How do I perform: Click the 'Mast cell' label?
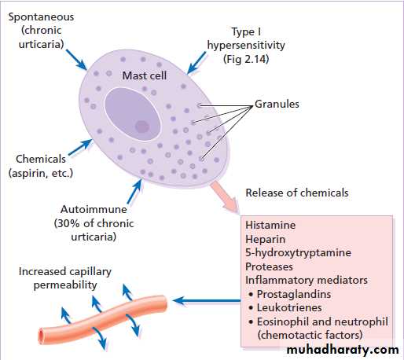tap(145, 75)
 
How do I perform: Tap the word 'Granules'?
tap(277, 104)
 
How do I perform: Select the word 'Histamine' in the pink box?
tap(270, 225)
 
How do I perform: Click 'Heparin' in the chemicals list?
tap(266, 239)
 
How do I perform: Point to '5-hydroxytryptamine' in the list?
tap(298, 253)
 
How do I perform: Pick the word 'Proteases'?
tap(269, 266)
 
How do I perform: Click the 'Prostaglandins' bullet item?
tap(294, 294)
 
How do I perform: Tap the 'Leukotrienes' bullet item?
tap(289, 307)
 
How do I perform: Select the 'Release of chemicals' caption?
tap(297, 193)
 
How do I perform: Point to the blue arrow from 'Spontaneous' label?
tap(76, 60)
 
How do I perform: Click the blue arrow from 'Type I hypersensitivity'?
tap(196, 63)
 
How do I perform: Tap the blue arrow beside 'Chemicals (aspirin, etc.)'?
tap(80, 147)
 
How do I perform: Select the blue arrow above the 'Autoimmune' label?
tap(134, 191)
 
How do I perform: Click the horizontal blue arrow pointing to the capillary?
tap(207, 301)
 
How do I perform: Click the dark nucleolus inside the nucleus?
tap(142, 127)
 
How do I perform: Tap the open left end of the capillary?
tap(41, 336)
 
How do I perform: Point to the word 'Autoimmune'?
tap(94, 209)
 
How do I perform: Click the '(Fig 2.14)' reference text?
tap(246, 59)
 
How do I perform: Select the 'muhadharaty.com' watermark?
tap(343, 350)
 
